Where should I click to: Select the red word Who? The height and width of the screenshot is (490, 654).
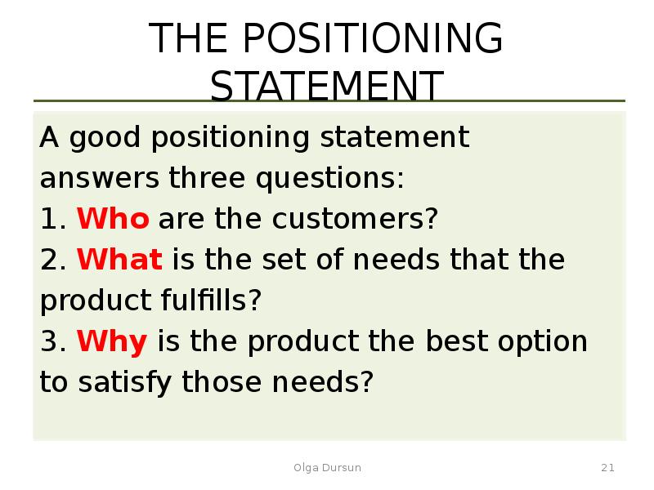pos(113,219)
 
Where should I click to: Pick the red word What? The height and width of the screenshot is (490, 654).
pos(120,260)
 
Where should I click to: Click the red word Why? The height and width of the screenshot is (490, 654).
pos(112,341)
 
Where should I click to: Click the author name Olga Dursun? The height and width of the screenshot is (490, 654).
pos(327,468)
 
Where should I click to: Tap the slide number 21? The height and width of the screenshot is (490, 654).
pos(607,468)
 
